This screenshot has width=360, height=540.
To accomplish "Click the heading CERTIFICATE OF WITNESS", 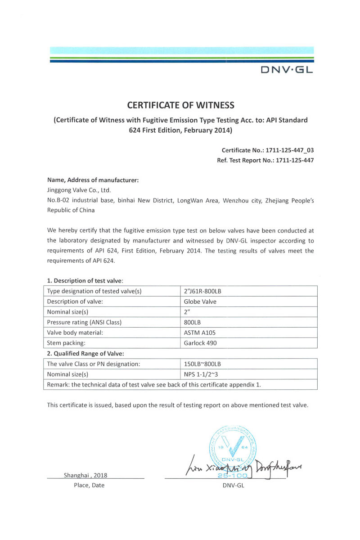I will [x=180, y=105].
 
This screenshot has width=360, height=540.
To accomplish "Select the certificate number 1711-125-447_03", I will [x=288, y=150].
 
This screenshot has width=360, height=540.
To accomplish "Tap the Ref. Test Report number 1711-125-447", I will [x=288, y=160].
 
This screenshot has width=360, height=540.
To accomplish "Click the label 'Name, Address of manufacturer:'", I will [x=93, y=180].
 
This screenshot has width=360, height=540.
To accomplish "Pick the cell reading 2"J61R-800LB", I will [x=202, y=291].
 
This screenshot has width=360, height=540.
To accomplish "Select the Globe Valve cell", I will [x=200, y=301].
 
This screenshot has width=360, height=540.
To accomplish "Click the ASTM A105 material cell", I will [x=200, y=333].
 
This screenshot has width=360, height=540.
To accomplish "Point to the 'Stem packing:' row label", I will [x=67, y=343].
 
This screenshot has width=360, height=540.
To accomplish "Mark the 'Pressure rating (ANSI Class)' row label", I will [x=85, y=322].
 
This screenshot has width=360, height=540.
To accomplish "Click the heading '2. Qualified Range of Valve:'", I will [x=85, y=353].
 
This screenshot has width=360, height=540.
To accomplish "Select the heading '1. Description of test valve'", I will [x=85, y=281].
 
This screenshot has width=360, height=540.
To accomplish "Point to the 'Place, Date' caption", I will [x=89, y=486].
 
